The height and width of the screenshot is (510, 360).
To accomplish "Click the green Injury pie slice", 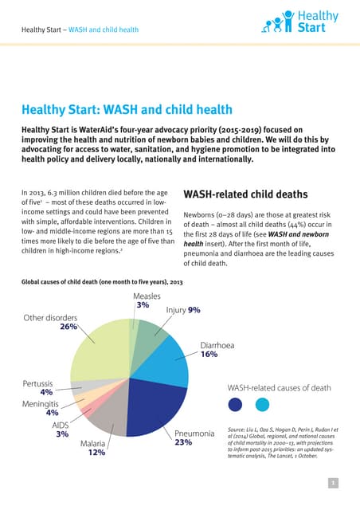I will (147, 335).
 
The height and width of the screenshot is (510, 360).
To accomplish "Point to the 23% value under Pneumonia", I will (184, 442).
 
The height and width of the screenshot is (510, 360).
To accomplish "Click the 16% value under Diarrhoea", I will (209, 354).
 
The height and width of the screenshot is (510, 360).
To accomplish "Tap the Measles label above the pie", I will (142, 296).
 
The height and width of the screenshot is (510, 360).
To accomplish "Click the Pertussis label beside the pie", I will (36, 383).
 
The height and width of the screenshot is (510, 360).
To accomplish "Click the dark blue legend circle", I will (235, 405).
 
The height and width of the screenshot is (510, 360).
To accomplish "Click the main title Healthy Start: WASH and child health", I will (127, 109).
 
